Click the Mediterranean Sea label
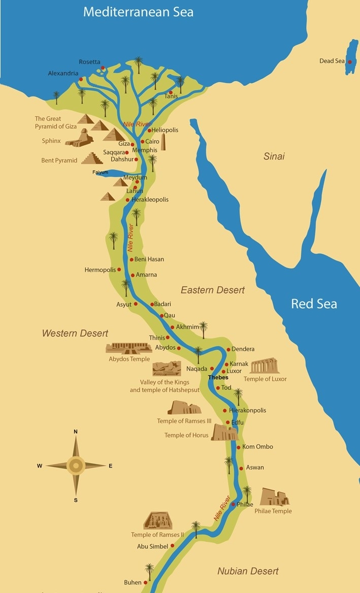[138, 12]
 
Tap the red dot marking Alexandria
[81, 79]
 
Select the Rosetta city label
[89, 62]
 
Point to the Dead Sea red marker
[349, 61]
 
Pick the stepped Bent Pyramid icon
[92, 158]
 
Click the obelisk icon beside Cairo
[163, 143]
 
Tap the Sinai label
[274, 156]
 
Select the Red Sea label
[313, 304]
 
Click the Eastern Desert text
[213, 290]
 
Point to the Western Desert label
[75, 333]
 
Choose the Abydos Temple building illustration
[128, 348]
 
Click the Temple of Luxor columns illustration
[264, 366]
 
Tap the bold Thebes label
[218, 378]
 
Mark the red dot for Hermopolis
[119, 270]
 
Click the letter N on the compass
[76, 432]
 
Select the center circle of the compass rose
[76, 465]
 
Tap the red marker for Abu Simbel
[172, 546]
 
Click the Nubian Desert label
[248, 571]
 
